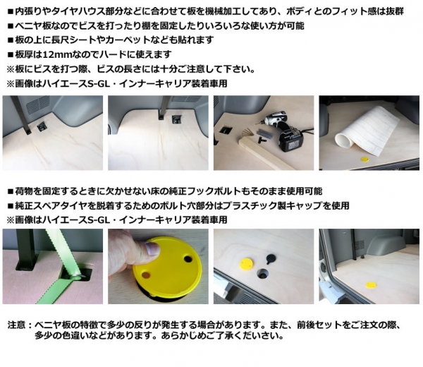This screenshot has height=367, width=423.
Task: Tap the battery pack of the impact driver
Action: point(293,143)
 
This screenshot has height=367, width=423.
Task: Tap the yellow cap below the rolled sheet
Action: point(364,160)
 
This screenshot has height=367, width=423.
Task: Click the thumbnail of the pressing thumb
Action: point(152,248)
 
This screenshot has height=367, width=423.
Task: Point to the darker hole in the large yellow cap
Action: point(188,259)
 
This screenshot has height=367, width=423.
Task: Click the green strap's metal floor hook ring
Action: point(77,275)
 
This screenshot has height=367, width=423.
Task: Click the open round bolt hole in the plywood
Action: point(262,274)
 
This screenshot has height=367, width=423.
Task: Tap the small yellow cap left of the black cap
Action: point(246,263)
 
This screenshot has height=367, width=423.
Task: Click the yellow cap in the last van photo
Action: point(370,284)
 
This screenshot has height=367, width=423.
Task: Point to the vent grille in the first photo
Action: point(37,104)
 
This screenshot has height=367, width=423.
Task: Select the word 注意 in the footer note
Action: point(17,324)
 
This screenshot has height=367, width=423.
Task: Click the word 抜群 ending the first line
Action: point(395,11)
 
